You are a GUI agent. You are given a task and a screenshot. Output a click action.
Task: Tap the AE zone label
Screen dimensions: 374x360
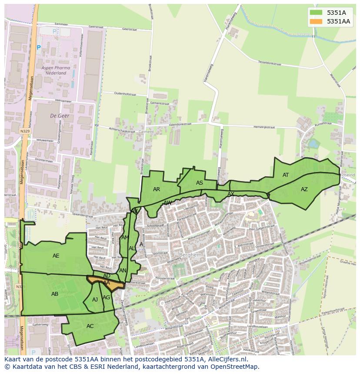(x=56, y=256)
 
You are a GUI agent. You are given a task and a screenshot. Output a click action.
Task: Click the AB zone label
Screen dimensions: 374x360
(x=55, y=294)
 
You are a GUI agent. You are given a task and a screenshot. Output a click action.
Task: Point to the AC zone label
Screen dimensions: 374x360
(x=90, y=326)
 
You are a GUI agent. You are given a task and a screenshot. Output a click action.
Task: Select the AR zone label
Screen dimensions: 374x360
(x=157, y=189)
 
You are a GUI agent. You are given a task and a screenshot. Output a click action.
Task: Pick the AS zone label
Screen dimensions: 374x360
(x=200, y=183)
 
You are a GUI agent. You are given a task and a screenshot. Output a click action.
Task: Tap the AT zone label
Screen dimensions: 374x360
(x=286, y=175)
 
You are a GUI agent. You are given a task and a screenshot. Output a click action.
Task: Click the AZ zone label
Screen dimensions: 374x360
(x=304, y=189)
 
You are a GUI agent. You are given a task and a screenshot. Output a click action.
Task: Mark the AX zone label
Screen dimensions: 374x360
(x=231, y=194)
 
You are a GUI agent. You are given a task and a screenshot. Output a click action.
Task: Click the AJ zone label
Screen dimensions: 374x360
(x=95, y=300)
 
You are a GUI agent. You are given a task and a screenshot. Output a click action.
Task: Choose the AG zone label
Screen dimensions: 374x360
(x=107, y=298)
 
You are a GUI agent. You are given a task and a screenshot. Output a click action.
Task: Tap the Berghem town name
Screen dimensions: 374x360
(x=191, y=255)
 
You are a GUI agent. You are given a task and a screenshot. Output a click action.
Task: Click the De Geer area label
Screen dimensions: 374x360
(x=60, y=116)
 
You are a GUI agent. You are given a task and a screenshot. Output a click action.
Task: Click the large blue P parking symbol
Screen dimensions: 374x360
(x=39, y=47)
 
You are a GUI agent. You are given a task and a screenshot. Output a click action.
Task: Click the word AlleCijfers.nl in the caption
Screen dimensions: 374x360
(x=226, y=359)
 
